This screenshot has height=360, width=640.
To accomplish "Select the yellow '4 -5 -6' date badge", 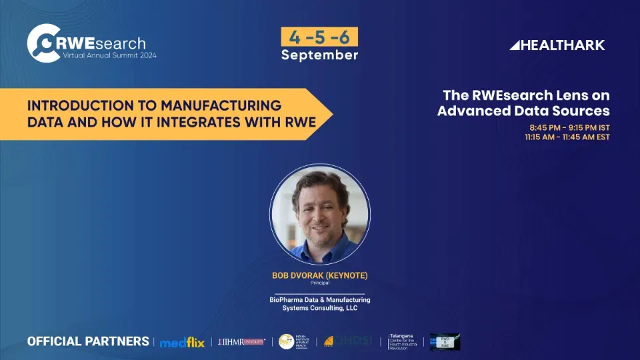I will click(319, 37).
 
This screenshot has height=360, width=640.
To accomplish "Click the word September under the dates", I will click(319, 55).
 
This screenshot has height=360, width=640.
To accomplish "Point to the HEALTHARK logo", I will click(557, 45).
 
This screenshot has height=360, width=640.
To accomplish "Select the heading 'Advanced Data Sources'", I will click(523, 111).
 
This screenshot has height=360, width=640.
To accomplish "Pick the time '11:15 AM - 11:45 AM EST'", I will click(567, 137).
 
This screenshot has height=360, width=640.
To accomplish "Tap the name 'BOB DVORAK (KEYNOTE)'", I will click(320, 275).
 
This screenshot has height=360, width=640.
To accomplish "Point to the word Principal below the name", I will click(320, 283).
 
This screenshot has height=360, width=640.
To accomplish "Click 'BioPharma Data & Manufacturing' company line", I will click(320, 300).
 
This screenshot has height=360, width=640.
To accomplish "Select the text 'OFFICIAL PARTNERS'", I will click(88, 341).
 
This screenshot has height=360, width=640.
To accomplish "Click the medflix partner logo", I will click(182, 342).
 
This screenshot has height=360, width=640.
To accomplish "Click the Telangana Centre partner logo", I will click(405, 341).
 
